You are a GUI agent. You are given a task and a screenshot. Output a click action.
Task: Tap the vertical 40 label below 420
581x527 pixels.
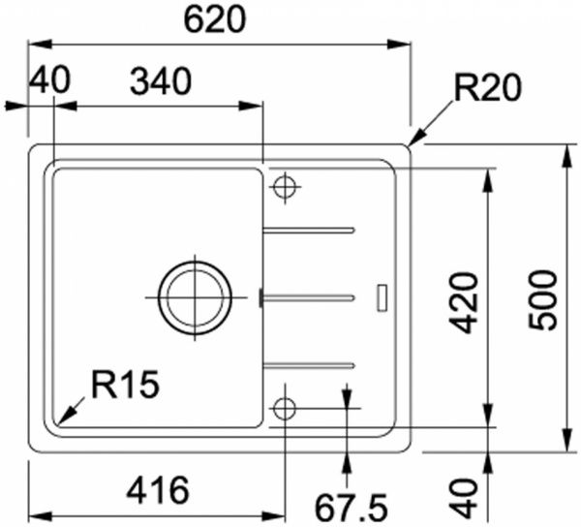click(467, 495)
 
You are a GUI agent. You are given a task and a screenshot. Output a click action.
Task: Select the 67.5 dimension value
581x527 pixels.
click(352, 505)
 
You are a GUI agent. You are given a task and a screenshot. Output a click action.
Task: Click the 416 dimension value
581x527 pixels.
click(157, 491)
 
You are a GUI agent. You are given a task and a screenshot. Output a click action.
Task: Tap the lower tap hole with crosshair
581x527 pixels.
click(285, 409)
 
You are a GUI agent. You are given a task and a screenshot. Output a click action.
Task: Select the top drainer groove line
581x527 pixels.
click(309, 231)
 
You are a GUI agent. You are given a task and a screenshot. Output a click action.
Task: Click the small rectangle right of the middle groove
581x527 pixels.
click(381, 296)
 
